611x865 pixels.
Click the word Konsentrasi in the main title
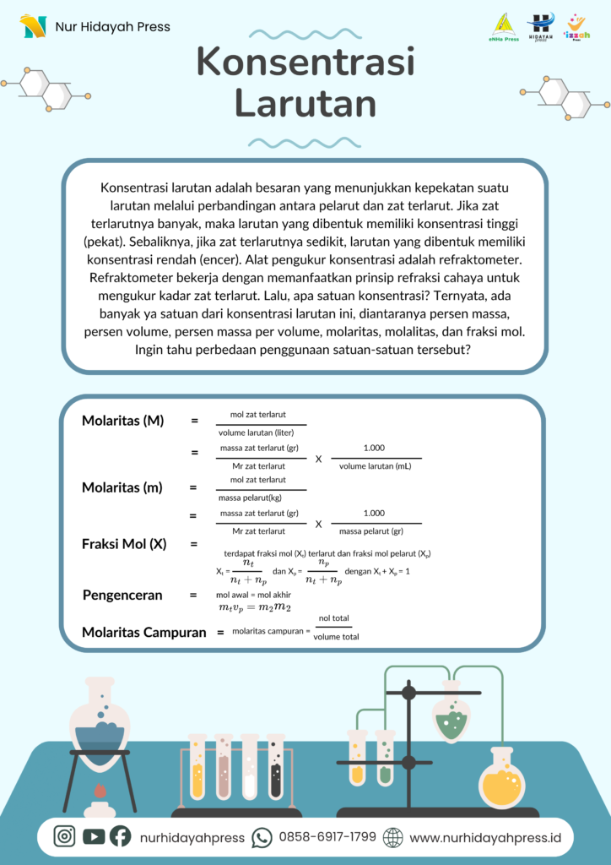coord(305,64)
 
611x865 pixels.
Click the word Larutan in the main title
coord(305,103)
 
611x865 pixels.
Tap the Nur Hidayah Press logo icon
coord(33,26)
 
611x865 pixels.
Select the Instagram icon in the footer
coord(65,836)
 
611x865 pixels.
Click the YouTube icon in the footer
coord(93,836)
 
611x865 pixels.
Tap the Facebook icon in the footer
coord(120,836)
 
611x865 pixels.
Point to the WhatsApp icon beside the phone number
coord(262,837)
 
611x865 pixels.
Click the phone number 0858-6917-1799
coord(327,837)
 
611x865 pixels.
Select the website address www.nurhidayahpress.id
coord(485,837)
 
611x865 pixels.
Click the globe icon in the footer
coord(393,837)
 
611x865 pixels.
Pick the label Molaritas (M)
coord(122,421)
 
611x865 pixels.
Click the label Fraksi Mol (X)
coord(124,544)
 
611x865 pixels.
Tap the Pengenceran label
coord(122,595)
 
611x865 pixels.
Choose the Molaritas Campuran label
coord(143,632)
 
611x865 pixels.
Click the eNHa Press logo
coord(504,27)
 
